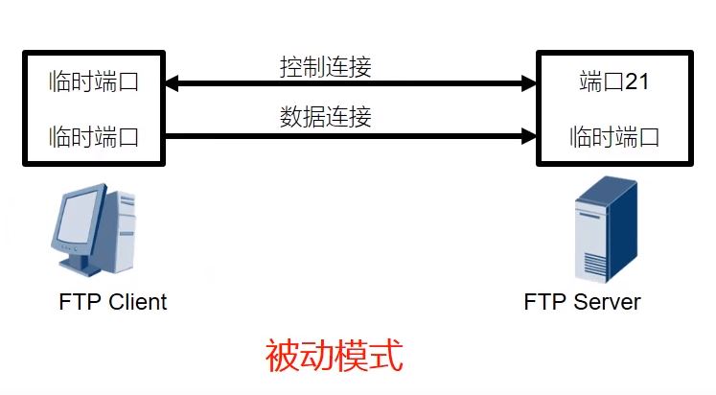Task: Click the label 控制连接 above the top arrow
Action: [x=326, y=68]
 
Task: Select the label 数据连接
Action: [x=326, y=118]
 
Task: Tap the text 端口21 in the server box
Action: [x=614, y=82]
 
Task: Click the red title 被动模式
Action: [x=333, y=356]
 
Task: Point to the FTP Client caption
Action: [x=112, y=302]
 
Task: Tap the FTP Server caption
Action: [x=582, y=302]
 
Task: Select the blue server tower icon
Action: [x=604, y=227]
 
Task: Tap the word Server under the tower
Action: [x=607, y=302]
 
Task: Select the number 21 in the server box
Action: [x=637, y=82]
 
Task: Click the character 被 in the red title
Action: [x=282, y=356]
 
